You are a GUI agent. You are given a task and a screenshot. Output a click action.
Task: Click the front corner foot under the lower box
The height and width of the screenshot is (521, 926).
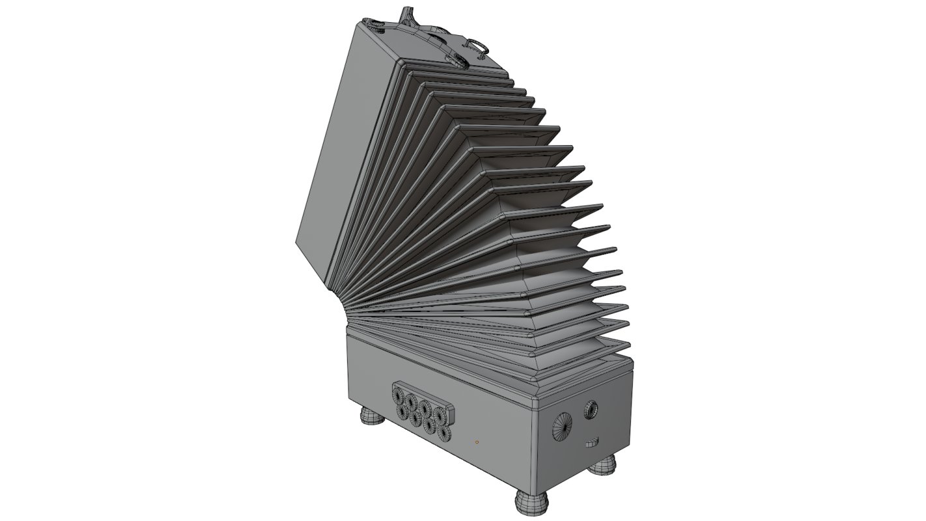click(x=532, y=501)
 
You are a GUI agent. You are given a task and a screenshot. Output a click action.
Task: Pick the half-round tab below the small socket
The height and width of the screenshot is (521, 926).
click(x=592, y=444)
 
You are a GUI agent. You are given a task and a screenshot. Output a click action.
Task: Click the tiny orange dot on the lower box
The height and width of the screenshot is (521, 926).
click(x=477, y=442)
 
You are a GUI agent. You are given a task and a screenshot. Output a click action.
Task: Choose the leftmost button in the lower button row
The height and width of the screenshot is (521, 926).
click(x=403, y=410)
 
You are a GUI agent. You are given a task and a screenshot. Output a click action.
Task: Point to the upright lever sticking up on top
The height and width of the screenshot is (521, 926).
click(x=408, y=14)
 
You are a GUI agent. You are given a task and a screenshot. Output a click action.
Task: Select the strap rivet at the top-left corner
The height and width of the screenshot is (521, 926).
click(x=376, y=26)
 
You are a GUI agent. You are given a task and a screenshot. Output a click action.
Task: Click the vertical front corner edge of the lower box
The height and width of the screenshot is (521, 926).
click(x=533, y=449)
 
